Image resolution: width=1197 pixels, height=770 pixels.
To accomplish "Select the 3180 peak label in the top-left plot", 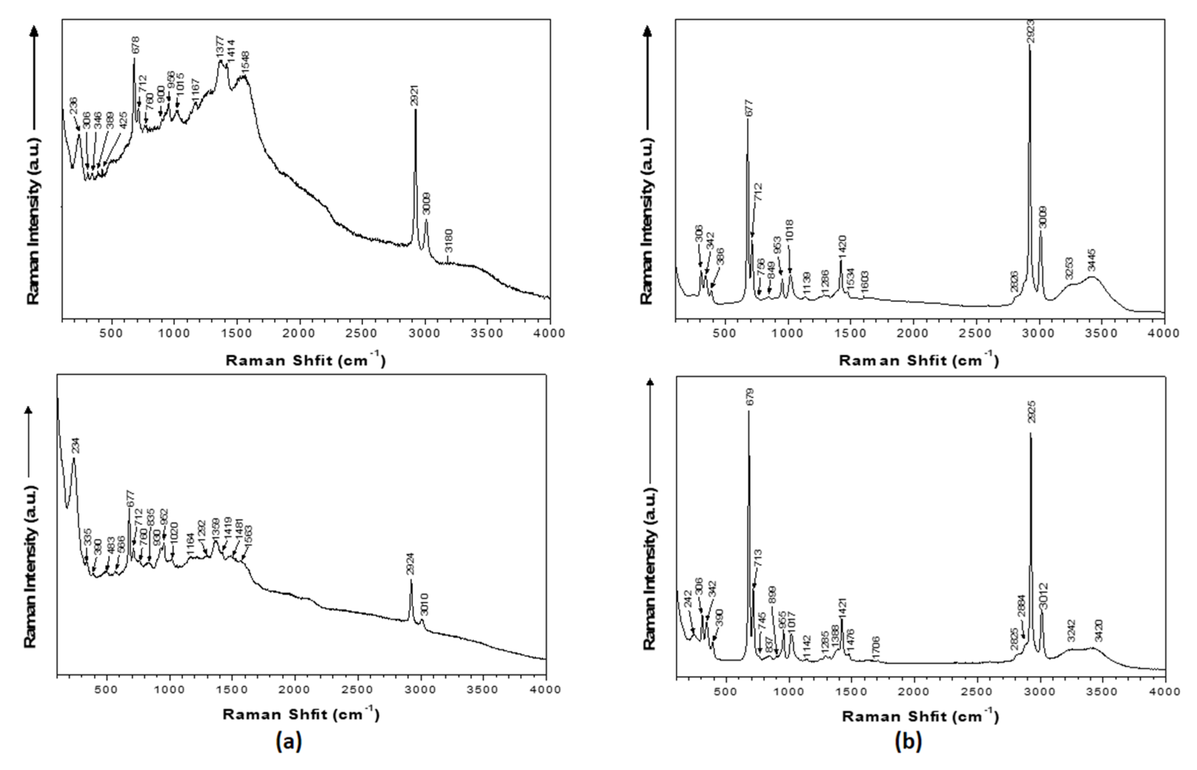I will [449, 241].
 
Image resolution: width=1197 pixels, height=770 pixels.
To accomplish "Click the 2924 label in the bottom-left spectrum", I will [411, 565].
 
